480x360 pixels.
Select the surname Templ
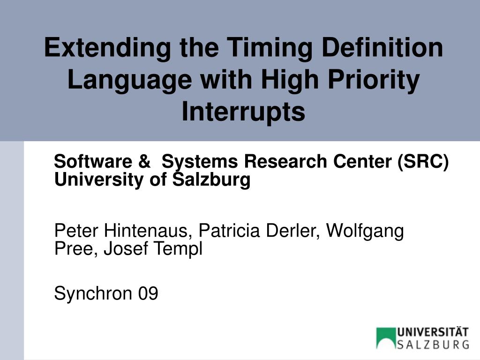tap(181, 249)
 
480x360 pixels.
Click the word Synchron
tap(93, 294)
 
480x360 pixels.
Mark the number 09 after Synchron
tap(148, 294)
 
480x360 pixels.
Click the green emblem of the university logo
tap(385, 338)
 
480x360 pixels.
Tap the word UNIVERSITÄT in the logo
tap(433, 332)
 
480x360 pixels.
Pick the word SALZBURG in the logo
tap(433, 345)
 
